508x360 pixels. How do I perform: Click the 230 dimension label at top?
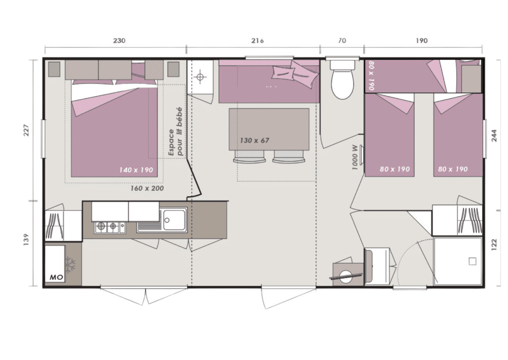click(119, 41)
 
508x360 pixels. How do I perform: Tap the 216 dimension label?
click(257, 41)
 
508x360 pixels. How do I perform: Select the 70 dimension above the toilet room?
click(342, 41)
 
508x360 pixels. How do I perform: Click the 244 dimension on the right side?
click(494, 136)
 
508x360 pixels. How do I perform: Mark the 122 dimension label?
click(494, 245)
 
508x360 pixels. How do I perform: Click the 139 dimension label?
click(26, 239)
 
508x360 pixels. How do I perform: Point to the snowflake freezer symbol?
click(70, 264)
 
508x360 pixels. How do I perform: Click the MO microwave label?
click(56, 278)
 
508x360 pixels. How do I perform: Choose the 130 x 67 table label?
click(254, 140)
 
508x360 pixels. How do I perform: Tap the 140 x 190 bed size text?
click(136, 170)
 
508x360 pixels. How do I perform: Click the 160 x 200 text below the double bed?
click(147, 188)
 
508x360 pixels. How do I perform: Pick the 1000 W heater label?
click(355, 157)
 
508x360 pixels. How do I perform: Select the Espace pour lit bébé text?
click(175, 132)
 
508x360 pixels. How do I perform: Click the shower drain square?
click(473, 261)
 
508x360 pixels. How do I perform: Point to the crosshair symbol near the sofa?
click(200, 77)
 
